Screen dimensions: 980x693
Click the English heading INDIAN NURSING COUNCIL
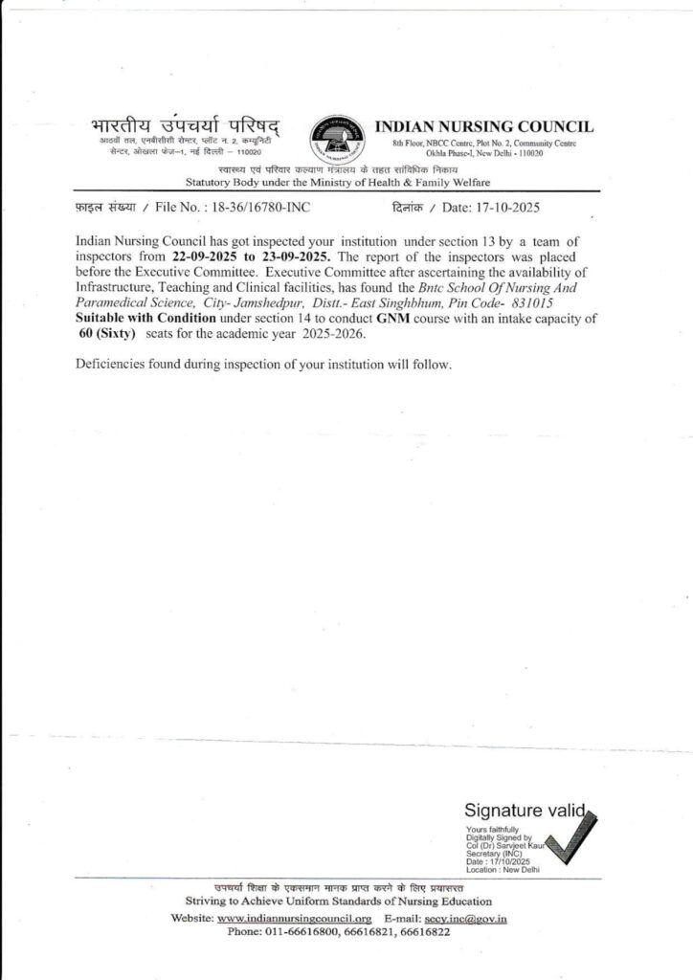click(483, 126)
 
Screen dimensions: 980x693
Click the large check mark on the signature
click(574, 838)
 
